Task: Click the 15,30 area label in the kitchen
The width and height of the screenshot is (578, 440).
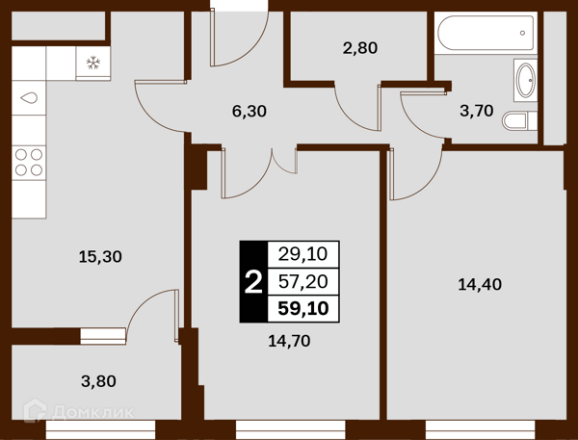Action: point(100,256)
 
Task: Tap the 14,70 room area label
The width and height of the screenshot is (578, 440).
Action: point(289,341)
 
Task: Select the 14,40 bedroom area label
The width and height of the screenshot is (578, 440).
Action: point(480,284)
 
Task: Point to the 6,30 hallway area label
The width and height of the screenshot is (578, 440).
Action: point(250,111)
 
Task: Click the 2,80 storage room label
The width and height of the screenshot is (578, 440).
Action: point(360,48)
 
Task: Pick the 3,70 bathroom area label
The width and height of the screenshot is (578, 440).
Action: point(477,111)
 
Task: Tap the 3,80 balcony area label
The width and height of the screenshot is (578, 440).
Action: point(98,381)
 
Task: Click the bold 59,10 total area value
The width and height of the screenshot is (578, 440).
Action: point(303,308)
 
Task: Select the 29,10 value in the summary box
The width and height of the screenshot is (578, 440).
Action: point(302,254)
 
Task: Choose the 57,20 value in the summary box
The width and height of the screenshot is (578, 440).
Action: point(303,281)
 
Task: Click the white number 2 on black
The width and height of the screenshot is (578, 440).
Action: point(253,282)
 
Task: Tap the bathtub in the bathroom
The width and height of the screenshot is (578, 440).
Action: point(486,33)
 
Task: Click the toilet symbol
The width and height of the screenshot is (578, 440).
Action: point(520,120)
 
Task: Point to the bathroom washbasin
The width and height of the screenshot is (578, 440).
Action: point(526,80)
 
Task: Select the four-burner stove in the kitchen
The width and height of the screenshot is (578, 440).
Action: point(29,163)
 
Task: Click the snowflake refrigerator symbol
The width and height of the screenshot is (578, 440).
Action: point(93,63)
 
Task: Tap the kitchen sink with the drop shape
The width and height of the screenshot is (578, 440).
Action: point(29,98)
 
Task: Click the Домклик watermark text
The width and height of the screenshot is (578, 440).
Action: point(93,412)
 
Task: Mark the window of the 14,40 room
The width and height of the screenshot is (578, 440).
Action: point(481,429)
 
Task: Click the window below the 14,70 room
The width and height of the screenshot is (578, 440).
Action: point(291,429)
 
